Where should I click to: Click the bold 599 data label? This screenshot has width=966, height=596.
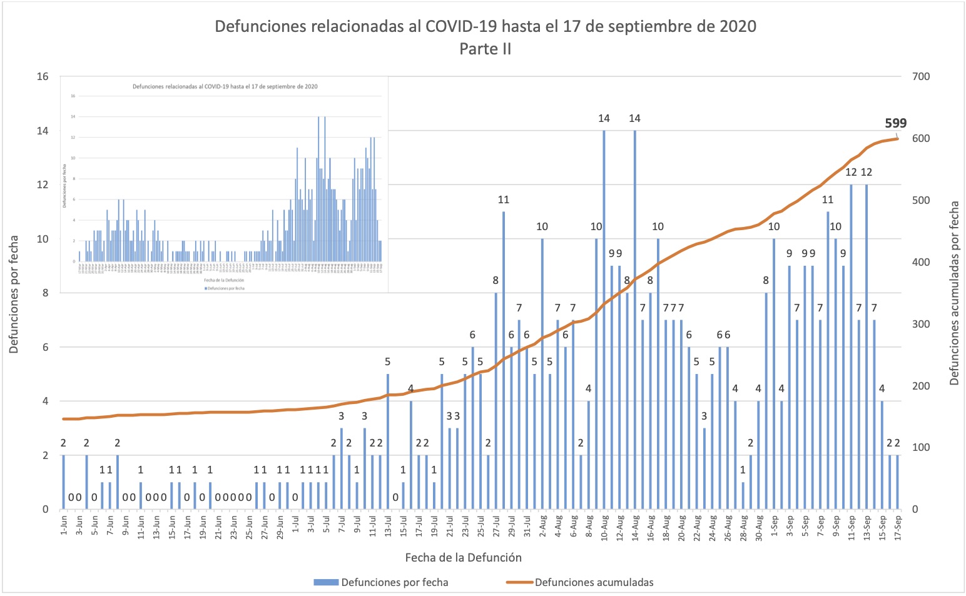click(x=895, y=123)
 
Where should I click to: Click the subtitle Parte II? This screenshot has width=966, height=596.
click(x=485, y=49)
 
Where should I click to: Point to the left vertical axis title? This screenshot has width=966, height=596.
click(x=14, y=294)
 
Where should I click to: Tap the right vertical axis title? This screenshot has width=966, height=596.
click(x=954, y=293)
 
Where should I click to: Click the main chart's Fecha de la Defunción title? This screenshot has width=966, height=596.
click(x=463, y=557)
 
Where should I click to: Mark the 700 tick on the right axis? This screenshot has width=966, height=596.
click(x=921, y=76)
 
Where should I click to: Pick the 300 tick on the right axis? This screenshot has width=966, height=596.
click(x=921, y=324)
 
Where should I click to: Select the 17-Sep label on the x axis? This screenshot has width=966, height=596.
click(x=898, y=525)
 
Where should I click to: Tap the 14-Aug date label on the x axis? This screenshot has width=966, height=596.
click(x=635, y=525)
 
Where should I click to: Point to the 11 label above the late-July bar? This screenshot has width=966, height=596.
click(x=504, y=200)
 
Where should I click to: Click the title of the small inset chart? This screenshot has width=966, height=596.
click(x=225, y=86)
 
